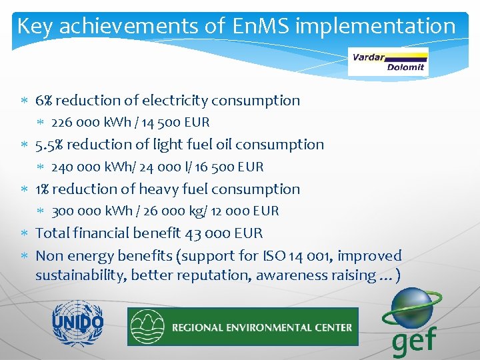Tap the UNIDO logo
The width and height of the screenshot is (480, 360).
point(78,323)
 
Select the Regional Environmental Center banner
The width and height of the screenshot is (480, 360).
point(243,327)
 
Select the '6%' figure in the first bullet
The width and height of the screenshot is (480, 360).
point(45,101)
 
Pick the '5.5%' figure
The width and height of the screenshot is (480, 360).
point(49,145)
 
